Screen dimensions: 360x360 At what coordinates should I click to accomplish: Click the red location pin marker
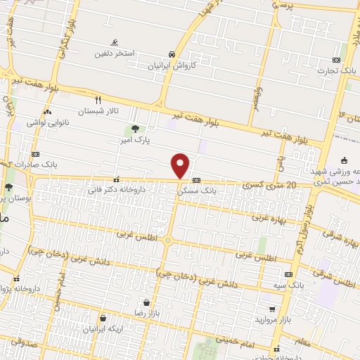coord(181,166)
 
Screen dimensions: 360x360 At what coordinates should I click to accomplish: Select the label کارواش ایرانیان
coord(172,65)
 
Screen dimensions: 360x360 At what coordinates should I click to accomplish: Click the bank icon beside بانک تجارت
coord(336,60)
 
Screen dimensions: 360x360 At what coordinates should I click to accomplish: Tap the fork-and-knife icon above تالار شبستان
coord(98,100)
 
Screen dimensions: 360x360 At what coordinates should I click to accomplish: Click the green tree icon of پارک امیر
coord(134,129)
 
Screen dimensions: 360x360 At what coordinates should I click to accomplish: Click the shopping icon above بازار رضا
coord(145,302)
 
